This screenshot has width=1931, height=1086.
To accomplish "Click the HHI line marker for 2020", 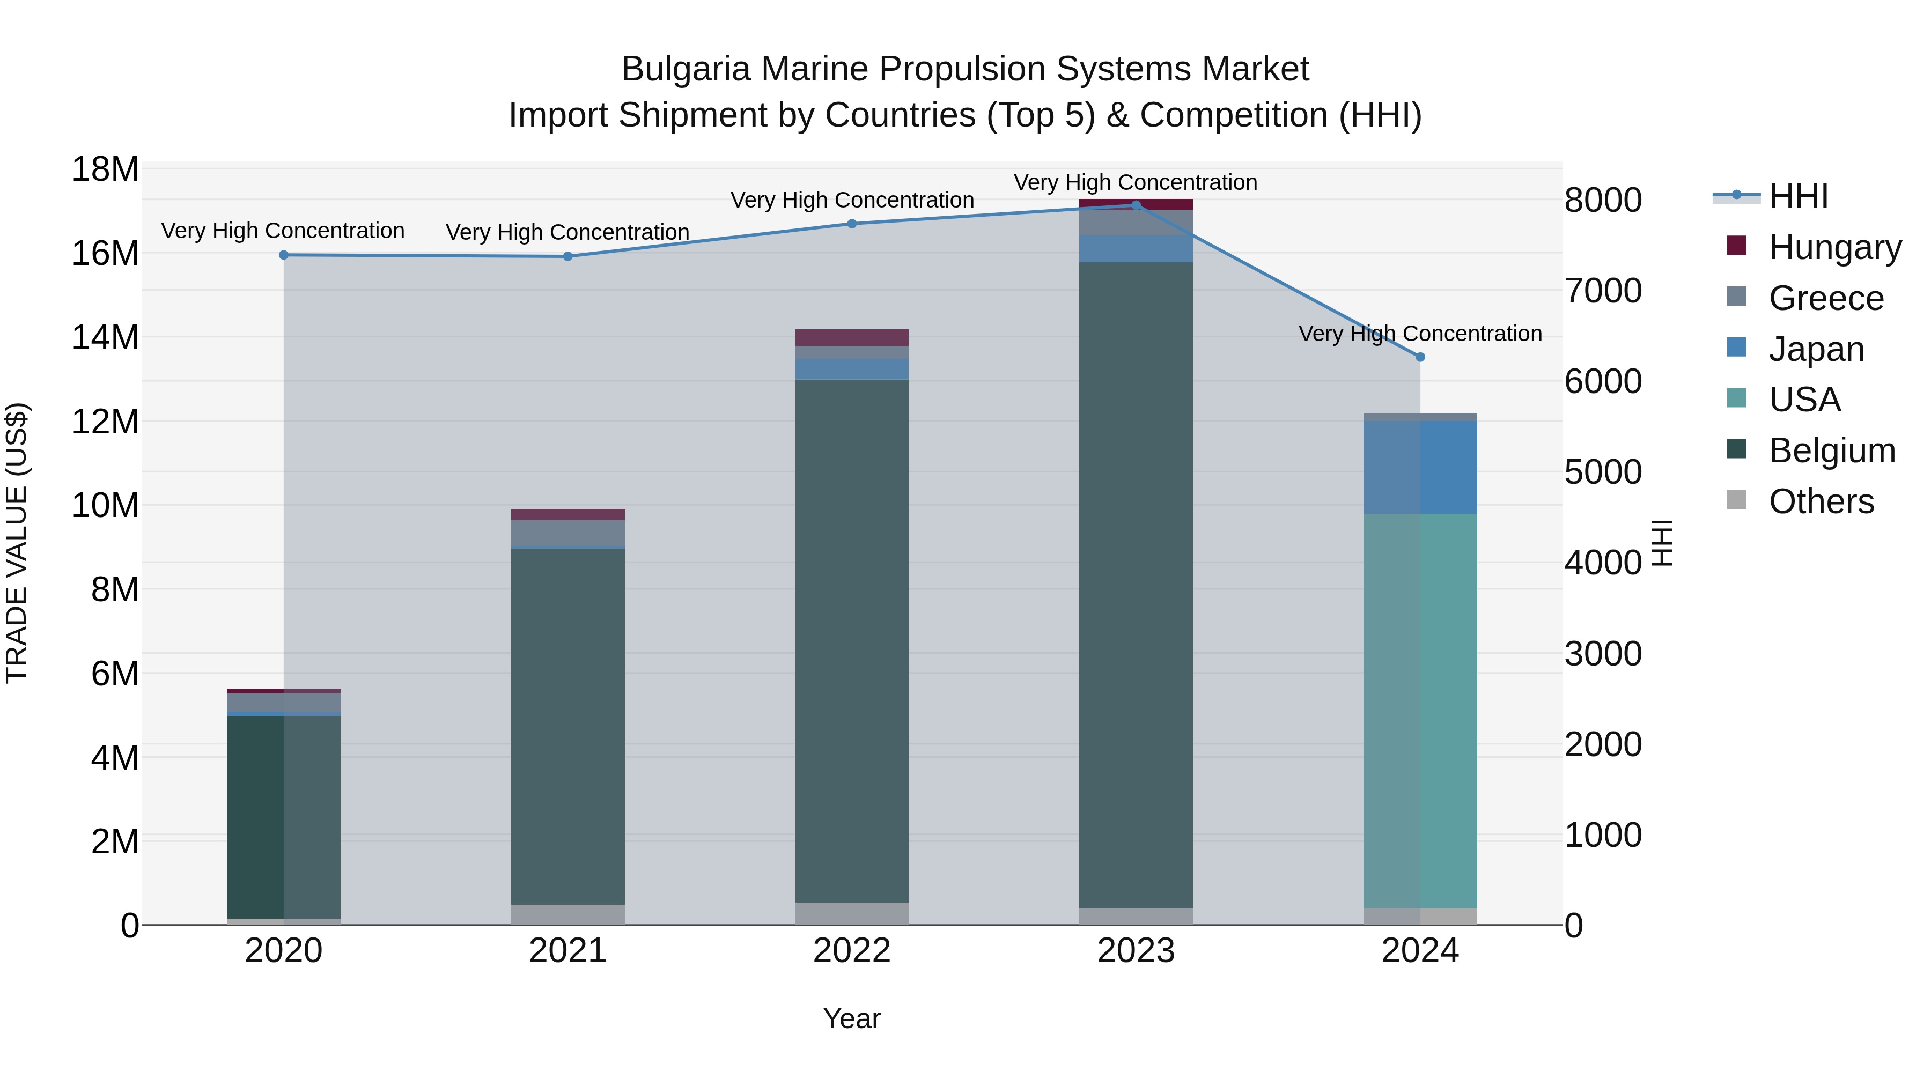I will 283,255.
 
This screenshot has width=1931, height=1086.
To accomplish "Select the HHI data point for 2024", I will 1420,357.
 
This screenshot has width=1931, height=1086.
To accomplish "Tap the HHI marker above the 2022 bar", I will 852,223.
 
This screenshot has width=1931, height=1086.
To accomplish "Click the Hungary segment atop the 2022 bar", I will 852,337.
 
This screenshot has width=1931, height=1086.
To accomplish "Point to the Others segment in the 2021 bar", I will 567,914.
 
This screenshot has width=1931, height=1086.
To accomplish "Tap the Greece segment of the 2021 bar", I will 567,533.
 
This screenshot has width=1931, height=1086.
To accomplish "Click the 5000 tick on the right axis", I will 1603,472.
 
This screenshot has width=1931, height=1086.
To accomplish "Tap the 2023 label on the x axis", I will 1136,951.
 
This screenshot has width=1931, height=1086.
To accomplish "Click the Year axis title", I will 852,1018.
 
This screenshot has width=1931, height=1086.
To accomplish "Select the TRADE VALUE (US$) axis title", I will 17,543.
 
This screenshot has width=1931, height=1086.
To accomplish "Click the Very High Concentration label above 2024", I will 1420,334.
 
